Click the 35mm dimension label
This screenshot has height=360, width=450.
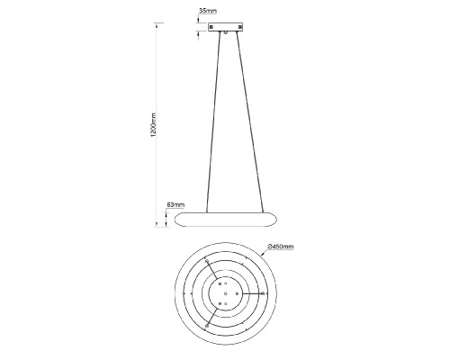point(208,11)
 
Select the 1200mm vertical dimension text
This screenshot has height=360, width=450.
point(154,125)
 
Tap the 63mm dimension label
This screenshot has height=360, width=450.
point(175,205)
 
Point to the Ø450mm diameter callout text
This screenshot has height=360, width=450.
point(281,247)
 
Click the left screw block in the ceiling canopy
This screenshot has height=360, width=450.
point(211,27)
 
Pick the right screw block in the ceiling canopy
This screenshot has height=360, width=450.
point(239,27)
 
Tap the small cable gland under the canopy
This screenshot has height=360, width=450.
point(225,32)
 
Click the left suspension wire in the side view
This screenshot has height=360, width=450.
point(213,121)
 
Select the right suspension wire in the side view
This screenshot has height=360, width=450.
point(249,121)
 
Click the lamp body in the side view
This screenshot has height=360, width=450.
point(225,220)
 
